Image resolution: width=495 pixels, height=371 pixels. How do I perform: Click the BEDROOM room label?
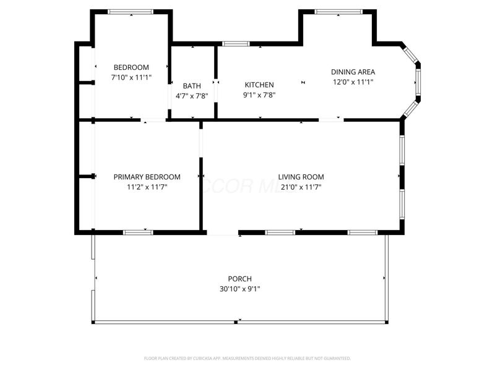pyautogui.click(x=131, y=67)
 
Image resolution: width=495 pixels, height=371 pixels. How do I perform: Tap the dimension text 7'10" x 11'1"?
pyautogui.click(x=131, y=77)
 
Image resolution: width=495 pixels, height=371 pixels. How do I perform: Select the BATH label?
pyautogui.click(x=192, y=86)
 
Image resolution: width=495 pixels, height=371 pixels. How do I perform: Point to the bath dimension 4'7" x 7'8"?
pyautogui.click(x=192, y=96)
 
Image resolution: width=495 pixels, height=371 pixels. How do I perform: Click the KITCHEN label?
pyautogui.click(x=259, y=85)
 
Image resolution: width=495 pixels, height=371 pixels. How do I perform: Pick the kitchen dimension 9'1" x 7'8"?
pyautogui.click(x=259, y=95)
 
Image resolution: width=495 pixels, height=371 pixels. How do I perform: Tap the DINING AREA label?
pyautogui.click(x=353, y=72)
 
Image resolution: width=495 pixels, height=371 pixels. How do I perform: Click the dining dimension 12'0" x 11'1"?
pyautogui.click(x=353, y=82)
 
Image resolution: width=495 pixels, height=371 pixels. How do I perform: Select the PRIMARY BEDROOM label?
pyautogui.click(x=147, y=177)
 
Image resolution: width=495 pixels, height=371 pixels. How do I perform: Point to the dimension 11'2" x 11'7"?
pyautogui.click(x=147, y=187)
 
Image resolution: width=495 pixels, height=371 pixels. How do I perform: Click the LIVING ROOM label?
pyautogui.click(x=301, y=177)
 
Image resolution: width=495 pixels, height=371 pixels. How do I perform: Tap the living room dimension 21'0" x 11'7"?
pyautogui.click(x=301, y=187)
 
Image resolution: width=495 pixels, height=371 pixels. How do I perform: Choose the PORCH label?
pyautogui.click(x=239, y=279)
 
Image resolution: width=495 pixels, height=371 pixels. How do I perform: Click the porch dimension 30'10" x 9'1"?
pyautogui.click(x=239, y=289)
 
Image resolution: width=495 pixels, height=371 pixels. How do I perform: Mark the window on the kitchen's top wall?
pyautogui.click(x=236, y=44)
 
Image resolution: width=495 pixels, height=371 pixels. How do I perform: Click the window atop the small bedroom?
pyautogui.click(x=131, y=12)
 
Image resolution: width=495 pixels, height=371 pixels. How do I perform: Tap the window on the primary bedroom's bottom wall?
pyautogui.click(x=138, y=232)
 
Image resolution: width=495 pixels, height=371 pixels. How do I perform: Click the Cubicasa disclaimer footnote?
pyautogui.click(x=247, y=358)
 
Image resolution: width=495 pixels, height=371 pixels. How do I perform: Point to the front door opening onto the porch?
pyautogui.click(x=223, y=233)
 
